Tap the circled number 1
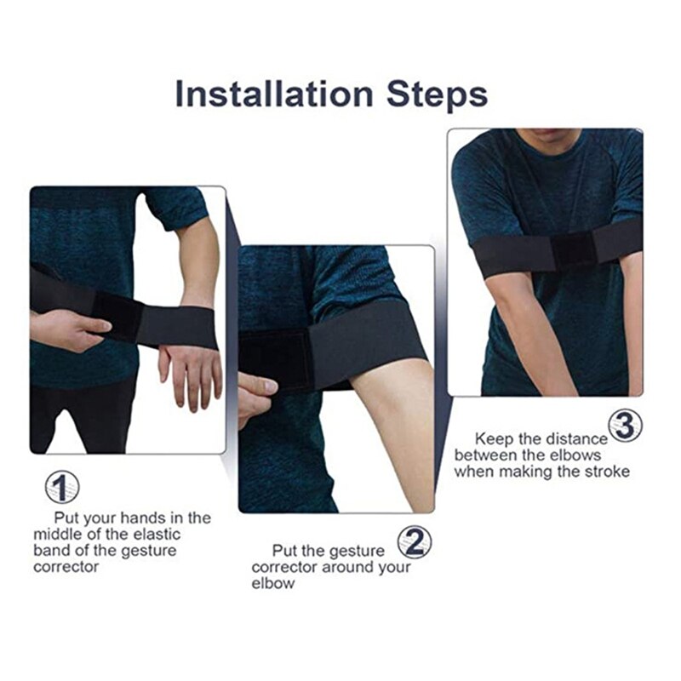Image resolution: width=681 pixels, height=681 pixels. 61,488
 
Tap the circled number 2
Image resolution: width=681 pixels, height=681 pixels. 414,542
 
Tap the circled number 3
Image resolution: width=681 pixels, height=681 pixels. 625,426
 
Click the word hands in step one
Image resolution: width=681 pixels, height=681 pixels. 145,518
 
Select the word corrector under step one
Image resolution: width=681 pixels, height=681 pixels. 66,566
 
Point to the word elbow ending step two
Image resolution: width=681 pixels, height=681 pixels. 272,584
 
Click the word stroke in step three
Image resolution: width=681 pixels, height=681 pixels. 605,472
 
